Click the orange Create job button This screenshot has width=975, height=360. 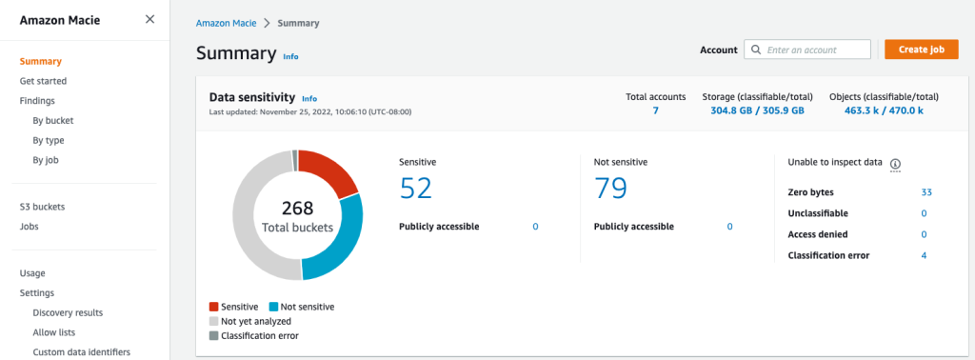click(921, 50)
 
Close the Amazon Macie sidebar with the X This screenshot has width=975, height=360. click(149, 19)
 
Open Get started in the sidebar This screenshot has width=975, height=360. click(43, 81)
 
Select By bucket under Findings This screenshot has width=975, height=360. click(52, 121)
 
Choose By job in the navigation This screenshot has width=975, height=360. click(48, 160)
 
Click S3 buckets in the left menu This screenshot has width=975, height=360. click(42, 207)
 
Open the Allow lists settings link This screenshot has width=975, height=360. click(53, 332)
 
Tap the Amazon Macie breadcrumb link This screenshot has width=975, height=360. click(226, 23)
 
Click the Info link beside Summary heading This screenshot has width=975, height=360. click(290, 57)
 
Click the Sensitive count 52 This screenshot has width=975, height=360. click(415, 189)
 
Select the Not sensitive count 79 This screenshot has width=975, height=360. click(610, 189)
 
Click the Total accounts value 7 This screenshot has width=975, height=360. click(655, 111)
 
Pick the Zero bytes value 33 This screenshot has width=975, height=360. click(925, 192)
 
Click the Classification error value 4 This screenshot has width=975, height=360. click(924, 255)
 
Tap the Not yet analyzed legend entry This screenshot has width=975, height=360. click(254, 322)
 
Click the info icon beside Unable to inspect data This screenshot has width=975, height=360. click(895, 164)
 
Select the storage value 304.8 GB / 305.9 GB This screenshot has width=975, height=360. click(757, 111)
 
